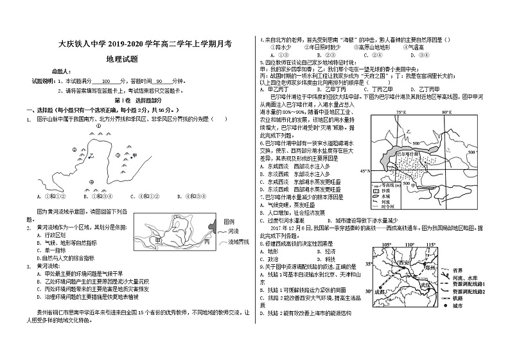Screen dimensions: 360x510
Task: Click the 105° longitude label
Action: tap(385, 245)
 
